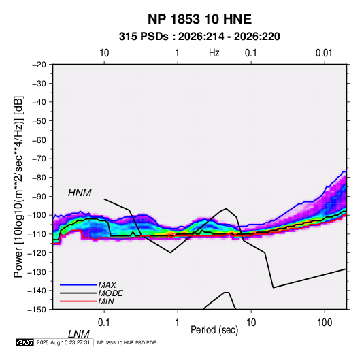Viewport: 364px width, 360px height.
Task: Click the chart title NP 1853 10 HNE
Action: (199, 19)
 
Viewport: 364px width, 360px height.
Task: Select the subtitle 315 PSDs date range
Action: (199, 37)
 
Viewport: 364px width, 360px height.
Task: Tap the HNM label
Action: (80, 193)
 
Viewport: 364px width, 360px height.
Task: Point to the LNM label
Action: (79, 334)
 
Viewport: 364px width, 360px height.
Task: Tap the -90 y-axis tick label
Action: (39, 196)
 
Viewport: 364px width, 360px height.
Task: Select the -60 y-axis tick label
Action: (39, 140)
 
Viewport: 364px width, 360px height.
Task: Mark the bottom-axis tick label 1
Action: (178, 323)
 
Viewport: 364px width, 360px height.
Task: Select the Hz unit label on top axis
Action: (214, 53)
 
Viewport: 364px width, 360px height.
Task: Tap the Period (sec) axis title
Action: (214, 330)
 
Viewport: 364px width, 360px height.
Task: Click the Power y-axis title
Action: (18, 187)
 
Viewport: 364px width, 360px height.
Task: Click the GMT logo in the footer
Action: (25, 342)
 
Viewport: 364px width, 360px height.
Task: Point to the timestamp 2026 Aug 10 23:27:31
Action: (63, 342)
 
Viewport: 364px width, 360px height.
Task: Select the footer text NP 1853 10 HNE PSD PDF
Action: (127, 342)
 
